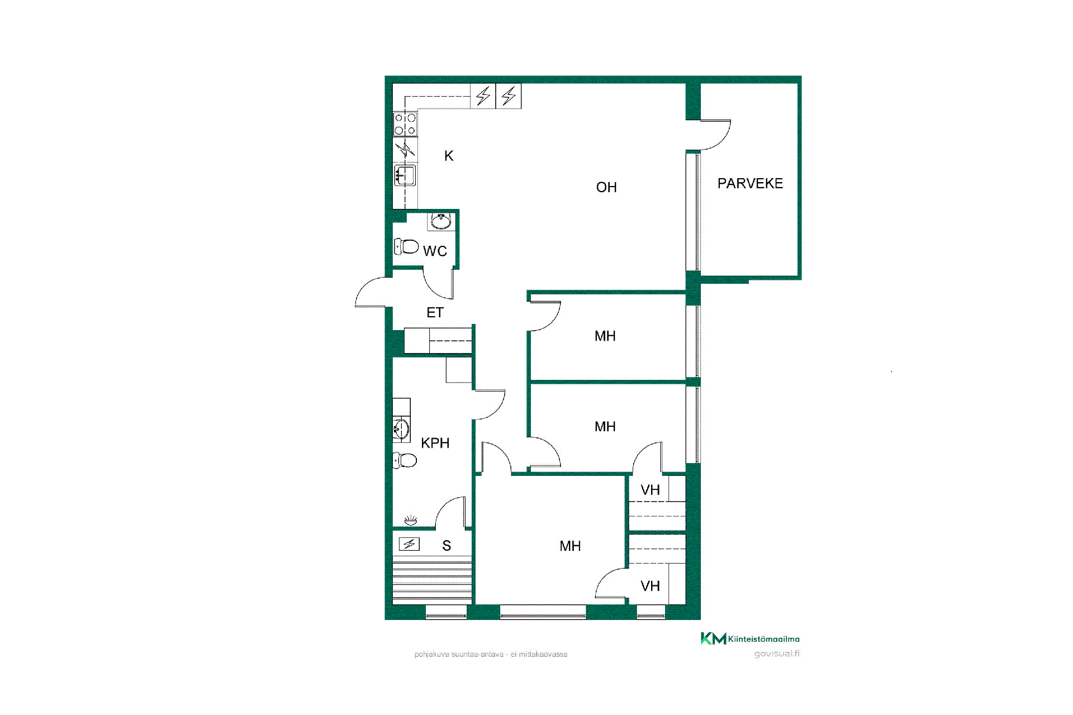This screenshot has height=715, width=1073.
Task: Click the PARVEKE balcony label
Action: [750, 183]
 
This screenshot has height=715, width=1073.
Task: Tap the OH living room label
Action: [606, 187]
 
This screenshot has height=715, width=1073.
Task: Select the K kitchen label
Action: [449, 156]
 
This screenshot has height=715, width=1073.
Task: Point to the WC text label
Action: [435, 251]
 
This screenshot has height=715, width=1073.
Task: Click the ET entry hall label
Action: [435, 313]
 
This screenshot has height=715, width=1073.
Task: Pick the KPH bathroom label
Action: [435, 443]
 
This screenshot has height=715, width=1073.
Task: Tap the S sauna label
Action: [447, 546]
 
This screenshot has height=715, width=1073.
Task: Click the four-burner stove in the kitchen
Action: [405, 124]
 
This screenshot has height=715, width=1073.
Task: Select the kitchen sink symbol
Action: [405, 175]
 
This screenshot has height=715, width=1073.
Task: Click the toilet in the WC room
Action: [407, 246]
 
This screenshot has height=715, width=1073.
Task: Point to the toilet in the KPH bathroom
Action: [405, 460]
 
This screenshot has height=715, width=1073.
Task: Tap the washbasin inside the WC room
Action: [441, 221]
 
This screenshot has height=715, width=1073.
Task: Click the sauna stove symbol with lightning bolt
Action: [409, 544]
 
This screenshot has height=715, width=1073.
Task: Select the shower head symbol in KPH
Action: [411, 521]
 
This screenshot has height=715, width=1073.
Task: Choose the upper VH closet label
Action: [650, 490]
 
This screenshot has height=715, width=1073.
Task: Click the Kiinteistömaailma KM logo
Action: [750, 638]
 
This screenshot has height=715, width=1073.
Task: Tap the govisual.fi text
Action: [777, 654]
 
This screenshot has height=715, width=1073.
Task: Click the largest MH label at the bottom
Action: [570, 546]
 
